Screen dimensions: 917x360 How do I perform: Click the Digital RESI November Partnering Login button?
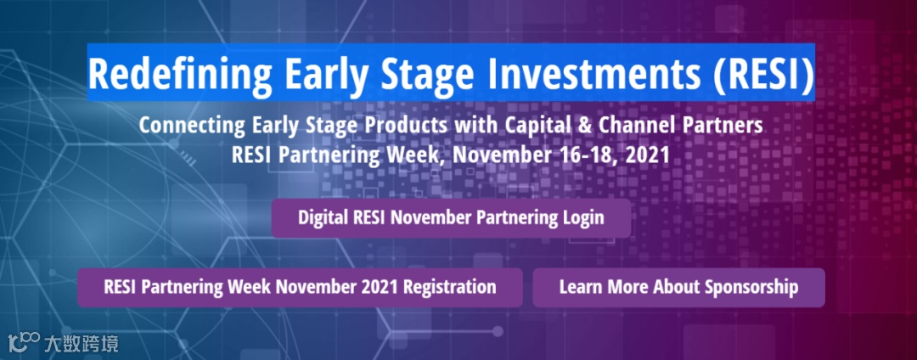click(x=451, y=218)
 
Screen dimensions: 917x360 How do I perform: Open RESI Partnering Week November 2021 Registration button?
click(x=300, y=288)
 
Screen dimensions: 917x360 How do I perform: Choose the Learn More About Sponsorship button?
click(x=678, y=288)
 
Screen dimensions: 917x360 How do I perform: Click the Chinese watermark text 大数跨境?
click(x=81, y=342)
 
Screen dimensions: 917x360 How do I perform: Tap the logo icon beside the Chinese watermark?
click(x=24, y=342)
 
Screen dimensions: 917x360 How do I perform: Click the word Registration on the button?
click(x=450, y=288)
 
